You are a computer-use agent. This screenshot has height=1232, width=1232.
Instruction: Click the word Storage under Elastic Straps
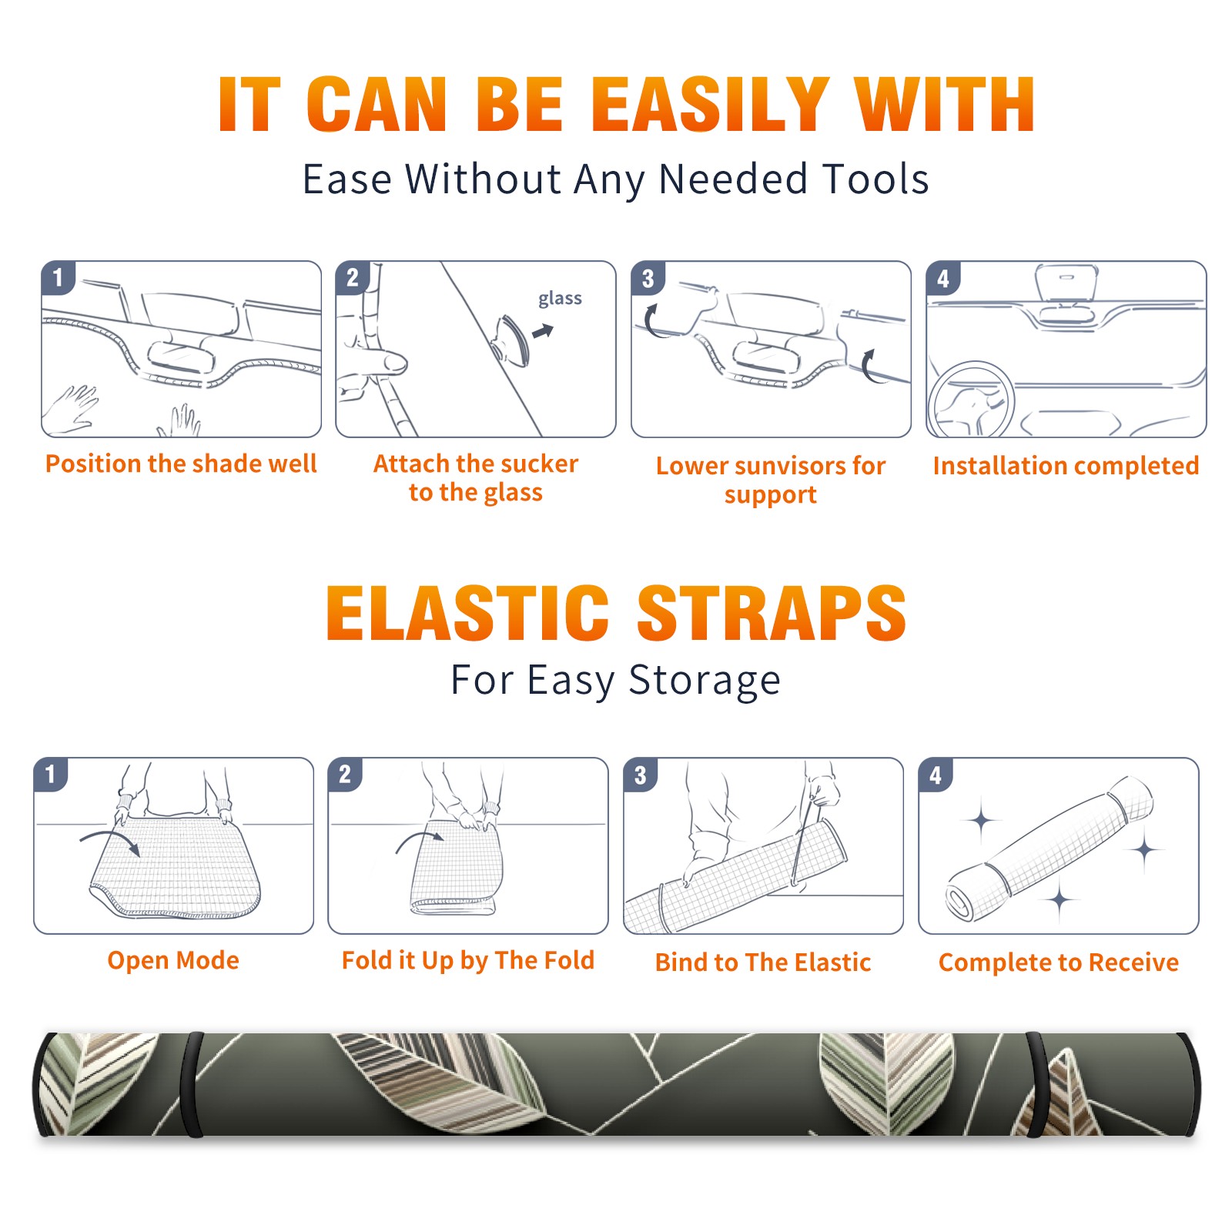coord(705,681)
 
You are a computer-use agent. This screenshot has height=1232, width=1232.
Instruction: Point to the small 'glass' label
coord(560,299)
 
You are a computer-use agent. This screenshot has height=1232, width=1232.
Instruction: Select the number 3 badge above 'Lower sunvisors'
coord(648,278)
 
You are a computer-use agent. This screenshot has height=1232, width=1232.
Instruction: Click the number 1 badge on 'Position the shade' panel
coord(58,277)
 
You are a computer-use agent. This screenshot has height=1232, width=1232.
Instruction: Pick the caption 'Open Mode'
coord(173,960)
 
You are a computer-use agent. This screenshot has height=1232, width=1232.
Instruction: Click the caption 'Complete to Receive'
coord(1059,962)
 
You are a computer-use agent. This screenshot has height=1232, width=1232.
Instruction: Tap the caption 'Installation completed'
coord(1066,466)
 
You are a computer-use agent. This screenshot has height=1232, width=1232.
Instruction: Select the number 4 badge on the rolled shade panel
coord(936,775)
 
